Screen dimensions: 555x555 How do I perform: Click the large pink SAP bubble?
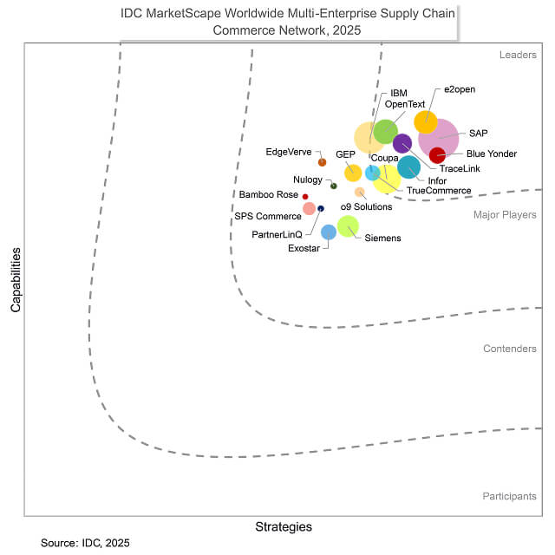(439, 137)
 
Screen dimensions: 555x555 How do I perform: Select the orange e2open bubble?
(426, 122)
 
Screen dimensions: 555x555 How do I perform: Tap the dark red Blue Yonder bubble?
(438, 156)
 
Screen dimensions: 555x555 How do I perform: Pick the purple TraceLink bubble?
(402, 144)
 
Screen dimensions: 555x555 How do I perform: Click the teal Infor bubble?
(409, 167)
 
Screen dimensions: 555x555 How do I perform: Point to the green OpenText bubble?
(385, 132)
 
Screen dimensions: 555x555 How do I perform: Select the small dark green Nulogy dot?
(334, 186)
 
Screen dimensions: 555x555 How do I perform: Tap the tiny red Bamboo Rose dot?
(305, 197)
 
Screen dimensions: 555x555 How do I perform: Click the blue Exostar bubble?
(329, 232)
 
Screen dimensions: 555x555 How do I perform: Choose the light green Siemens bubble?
(348, 226)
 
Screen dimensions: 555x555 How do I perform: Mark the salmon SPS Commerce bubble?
(310, 209)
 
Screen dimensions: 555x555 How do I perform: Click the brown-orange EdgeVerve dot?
(322, 162)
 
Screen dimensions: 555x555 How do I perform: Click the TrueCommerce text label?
(439, 191)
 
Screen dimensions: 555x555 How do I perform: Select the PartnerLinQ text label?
(277, 235)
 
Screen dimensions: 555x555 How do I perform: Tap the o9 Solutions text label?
(366, 206)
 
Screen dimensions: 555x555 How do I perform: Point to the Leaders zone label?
(518, 55)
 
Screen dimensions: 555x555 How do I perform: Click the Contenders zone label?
(509, 349)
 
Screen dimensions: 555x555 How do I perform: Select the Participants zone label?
(509, 496)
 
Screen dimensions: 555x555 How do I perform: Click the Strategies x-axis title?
(284, 526)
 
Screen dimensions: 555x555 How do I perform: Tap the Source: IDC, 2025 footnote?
(85, 543)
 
